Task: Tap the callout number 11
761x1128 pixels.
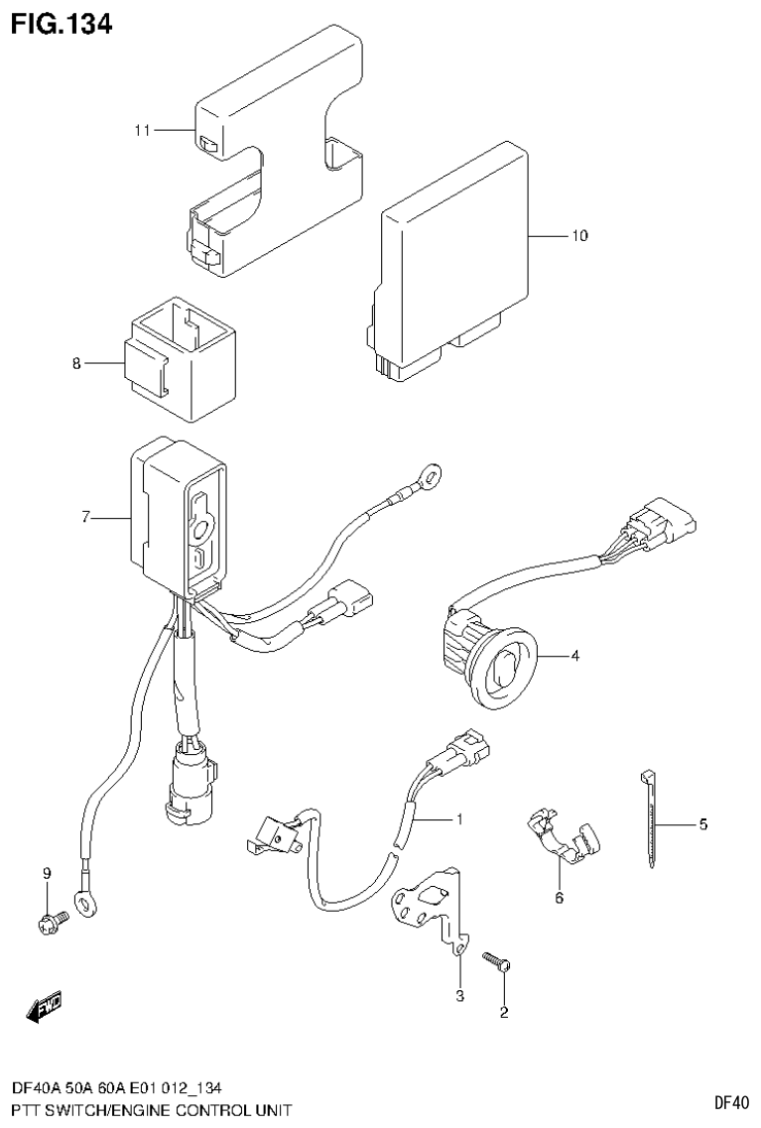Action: (x=144, y=130)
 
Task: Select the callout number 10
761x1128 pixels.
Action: (x=578, y=236)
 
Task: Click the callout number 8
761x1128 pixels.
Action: (x=75, y=364)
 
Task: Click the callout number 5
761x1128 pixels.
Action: (x=702, y=823)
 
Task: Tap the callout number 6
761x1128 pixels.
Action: (x=559, y=898)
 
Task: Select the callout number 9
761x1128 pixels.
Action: (x=46, y=873)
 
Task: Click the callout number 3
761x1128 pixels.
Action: (x=459, y=995)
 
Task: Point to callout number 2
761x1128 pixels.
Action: (x=504, y=1013)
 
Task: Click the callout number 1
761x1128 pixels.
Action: (x=459, y=819)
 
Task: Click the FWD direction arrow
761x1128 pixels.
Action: (x=45, y=1010)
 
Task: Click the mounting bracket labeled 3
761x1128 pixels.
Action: (x=432, y=903)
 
